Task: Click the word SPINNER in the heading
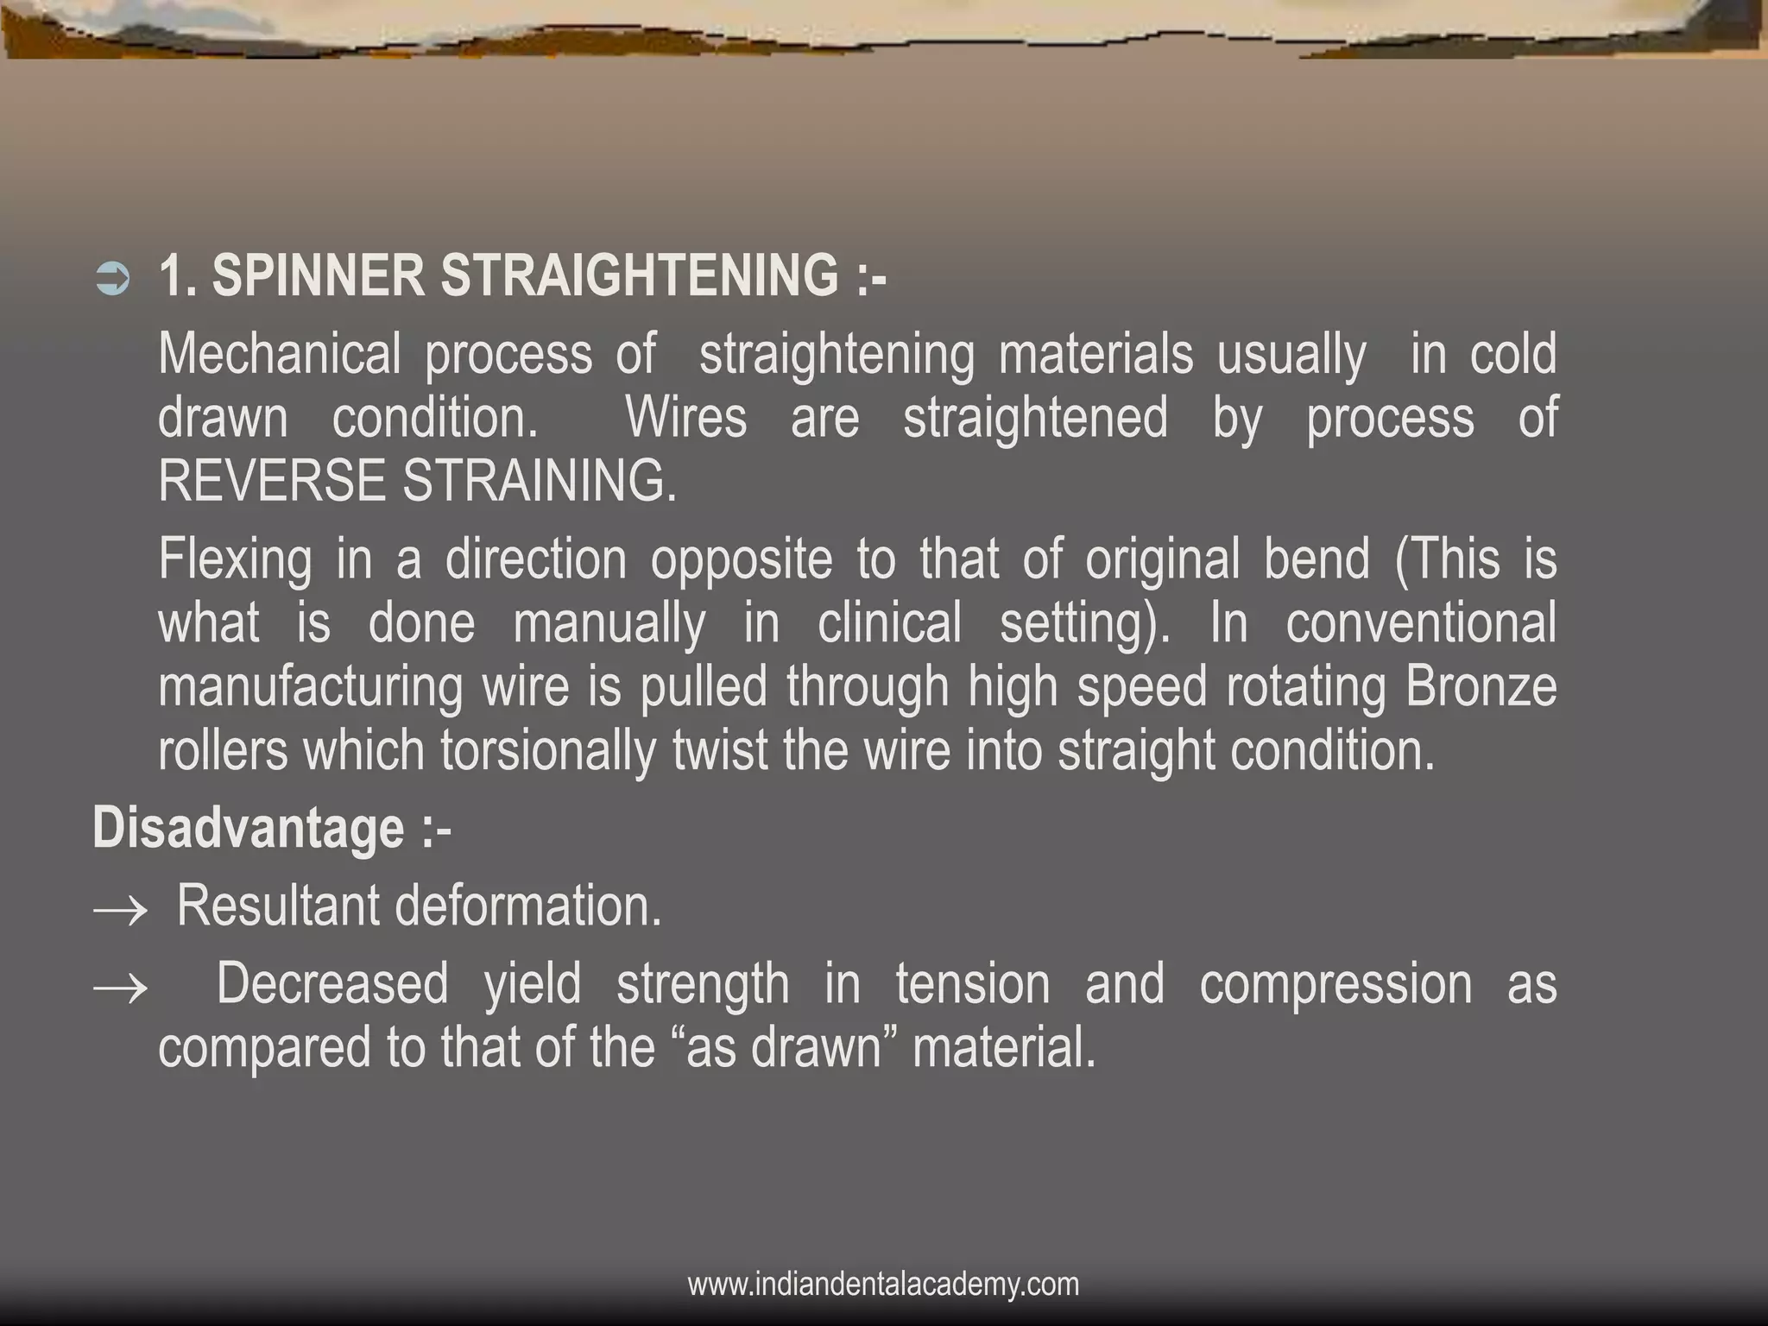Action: [318, 275]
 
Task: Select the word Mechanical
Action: [280, 354]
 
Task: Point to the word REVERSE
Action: [271, 481]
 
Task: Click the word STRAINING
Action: [540, 481]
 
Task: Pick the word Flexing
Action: [235, 560]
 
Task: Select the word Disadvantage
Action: [249, 828]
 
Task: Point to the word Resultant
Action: [278, 906]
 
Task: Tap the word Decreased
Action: [332, 984]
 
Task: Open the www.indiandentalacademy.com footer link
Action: [883, 1284]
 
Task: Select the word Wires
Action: [686, 418]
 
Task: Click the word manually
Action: [609, 624]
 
